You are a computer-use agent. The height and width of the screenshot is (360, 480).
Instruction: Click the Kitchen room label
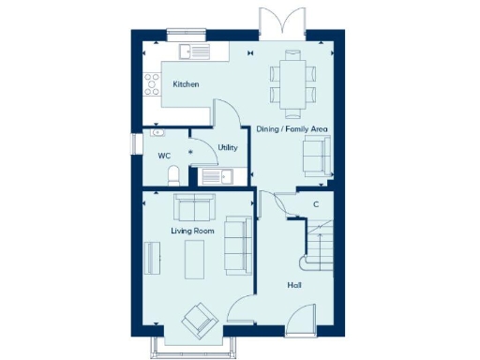click(186, 84)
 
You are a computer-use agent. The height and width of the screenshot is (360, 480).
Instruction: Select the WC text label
click(163, 156)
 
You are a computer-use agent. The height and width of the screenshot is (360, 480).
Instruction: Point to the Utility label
click(227, 147)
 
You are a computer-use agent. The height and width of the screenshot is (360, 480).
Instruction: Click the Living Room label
click(192, 230)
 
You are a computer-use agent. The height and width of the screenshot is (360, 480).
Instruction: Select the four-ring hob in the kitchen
click(149, 86)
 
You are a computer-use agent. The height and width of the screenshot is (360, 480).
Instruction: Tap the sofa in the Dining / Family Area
click(315, 154)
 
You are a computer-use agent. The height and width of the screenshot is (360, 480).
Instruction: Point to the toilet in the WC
click(172, 176)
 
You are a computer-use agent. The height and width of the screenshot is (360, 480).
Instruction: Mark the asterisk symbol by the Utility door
click(192, 152)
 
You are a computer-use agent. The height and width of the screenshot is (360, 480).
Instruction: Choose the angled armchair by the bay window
click(200, 321)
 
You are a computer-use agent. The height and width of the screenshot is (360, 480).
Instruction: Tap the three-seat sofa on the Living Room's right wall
click(236, 246)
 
